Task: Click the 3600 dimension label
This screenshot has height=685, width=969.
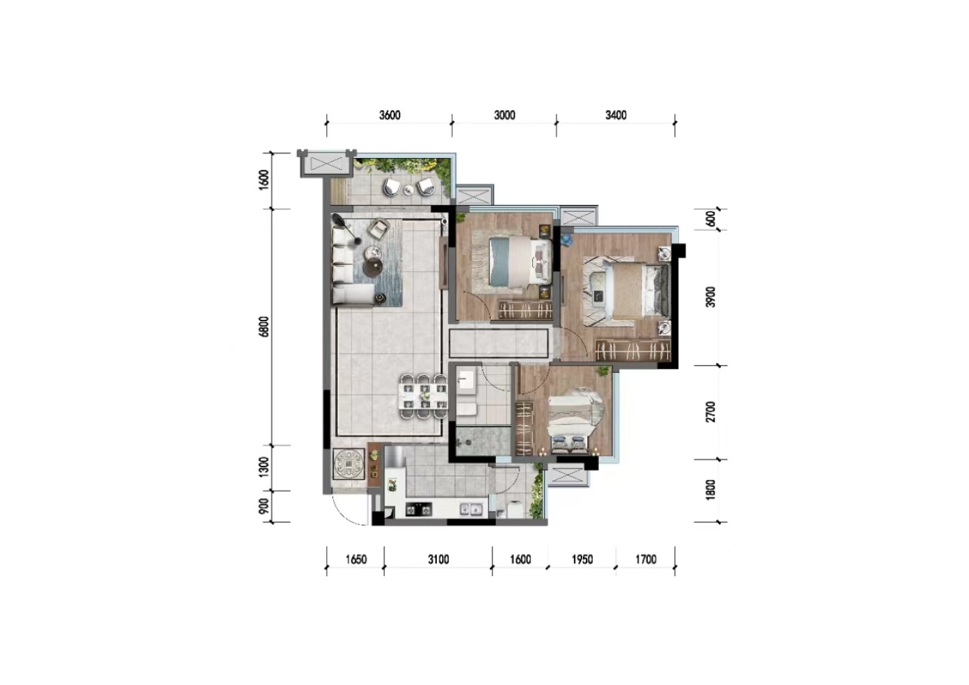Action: tap(390, 116)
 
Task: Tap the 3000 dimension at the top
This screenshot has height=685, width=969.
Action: tap(505, 116)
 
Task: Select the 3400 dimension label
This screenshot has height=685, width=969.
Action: tap(616, 116)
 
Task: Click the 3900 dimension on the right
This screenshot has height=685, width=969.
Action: tap(711, 297)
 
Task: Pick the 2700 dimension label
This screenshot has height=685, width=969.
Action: tap(711, 412)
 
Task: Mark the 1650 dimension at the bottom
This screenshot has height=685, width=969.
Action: tap(356, 560)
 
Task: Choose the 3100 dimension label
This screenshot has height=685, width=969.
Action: tap(438, 560)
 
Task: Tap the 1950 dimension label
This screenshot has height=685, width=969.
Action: tap(582, 560)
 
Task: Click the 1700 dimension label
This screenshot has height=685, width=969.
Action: tap(645, 560)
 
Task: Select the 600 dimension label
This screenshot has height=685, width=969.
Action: tap(711, 218)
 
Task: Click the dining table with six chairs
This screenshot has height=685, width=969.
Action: tap(423, 397)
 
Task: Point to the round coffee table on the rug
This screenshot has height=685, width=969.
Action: tap(373, 267)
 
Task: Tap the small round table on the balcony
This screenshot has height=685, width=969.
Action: tap(408, 190)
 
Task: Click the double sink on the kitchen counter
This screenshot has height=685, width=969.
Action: tap(470, 510)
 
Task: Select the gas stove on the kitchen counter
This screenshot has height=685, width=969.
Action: tap(419, 510)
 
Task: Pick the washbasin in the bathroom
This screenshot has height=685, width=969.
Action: tap(466, 381)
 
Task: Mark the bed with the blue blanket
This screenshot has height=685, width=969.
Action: tap(520, 261)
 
